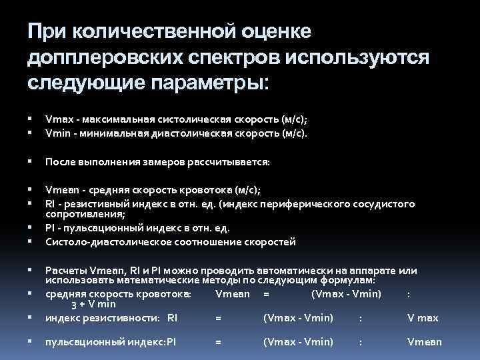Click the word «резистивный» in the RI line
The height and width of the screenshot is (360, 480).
click(x=86, y=203)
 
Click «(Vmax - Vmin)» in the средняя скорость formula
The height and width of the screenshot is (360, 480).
click(x=346, y=293)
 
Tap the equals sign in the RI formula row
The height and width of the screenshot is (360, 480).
click(x=218, y=318)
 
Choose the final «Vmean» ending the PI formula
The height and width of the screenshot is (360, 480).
click(x=424, y=342)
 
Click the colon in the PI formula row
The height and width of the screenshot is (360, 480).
click(x=361, y=342)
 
